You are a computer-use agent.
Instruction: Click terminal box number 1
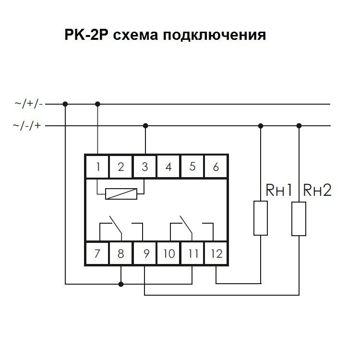tap(97, 167)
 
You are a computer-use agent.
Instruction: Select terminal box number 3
tap(145, 167)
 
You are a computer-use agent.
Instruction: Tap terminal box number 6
tap(216, 167)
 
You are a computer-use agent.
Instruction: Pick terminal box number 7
tap(97, 253)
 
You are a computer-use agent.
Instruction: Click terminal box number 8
tap(121, 253)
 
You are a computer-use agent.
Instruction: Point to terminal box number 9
tap(145, 253)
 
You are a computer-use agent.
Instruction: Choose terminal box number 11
tap(192, 253)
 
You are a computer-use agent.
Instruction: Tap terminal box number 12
tap(216, 253)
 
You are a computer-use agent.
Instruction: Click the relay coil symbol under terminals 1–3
tap(121, 194)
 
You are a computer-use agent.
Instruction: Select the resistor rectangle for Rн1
tap(261, 218)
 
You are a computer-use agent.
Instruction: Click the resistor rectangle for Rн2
tap(299, 218)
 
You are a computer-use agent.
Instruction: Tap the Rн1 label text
tap(279, 191)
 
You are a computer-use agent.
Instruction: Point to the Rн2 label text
tap(317, 191)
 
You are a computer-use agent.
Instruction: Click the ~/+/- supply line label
tap(29, 103)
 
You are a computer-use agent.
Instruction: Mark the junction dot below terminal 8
tap(121, 284)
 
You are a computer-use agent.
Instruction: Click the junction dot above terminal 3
tap(145, 126)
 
